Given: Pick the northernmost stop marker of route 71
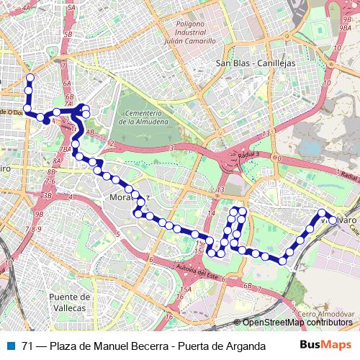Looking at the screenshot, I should coord(30,78).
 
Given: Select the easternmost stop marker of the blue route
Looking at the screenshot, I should coord(322,212).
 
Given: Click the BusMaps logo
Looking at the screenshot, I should coord(325,345).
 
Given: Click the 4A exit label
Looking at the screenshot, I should coord(28,8).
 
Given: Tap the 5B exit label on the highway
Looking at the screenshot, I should coord(68,34).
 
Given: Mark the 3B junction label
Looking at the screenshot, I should coord(48,195).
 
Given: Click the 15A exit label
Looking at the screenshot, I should coord(184,289).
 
